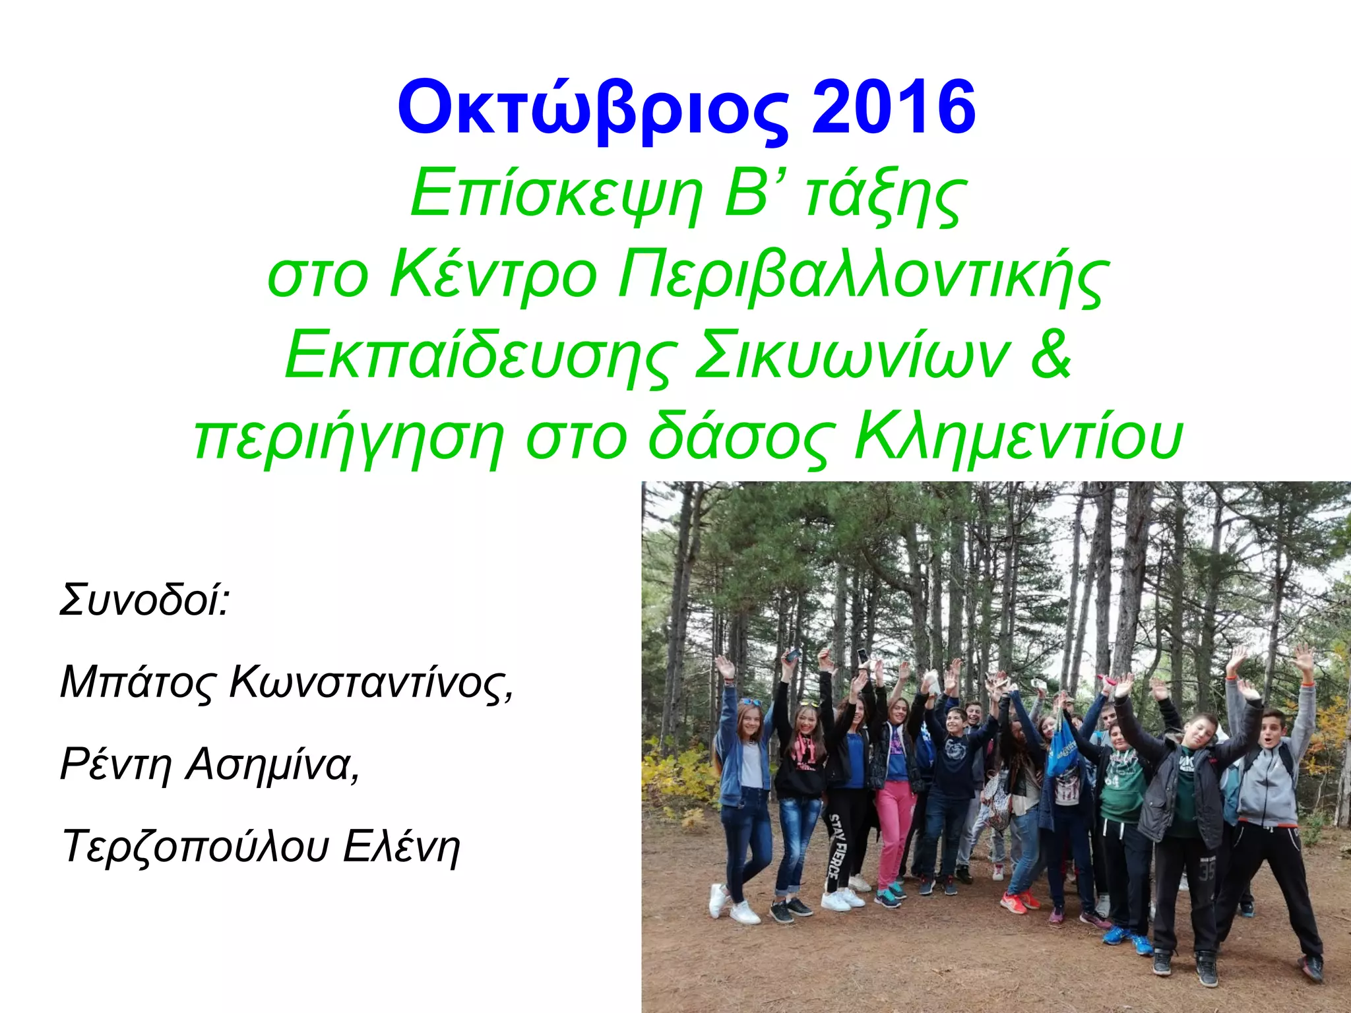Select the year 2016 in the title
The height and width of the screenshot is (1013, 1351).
click(893, 107)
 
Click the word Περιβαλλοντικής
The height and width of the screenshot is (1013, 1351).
click(860, 276)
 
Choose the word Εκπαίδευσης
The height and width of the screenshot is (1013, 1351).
click(480, 356)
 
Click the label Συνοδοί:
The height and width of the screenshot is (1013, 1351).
click(144, 599)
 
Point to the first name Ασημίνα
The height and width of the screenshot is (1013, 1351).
click(272, 764)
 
